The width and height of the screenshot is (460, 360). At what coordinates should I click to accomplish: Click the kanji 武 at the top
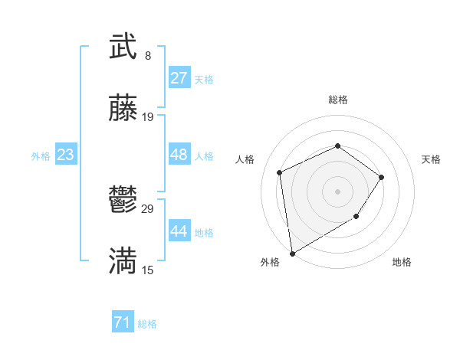(x=123, y=47)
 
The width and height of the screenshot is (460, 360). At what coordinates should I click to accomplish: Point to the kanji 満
(x=123, y=260)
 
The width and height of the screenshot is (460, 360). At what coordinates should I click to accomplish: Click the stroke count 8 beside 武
(x=148, y=56)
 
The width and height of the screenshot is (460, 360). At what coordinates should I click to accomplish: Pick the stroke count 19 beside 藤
(x=148, y=117)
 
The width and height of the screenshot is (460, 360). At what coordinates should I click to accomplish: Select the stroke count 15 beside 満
(x=148, y=270)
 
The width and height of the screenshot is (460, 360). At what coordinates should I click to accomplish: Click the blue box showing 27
(x=179, y=78)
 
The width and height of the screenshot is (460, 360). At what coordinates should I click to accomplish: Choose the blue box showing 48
(x=179, y=155)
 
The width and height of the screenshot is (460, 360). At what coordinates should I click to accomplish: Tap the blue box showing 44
(x=179, y=231)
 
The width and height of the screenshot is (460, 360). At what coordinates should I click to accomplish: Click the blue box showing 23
(x=66, y=155)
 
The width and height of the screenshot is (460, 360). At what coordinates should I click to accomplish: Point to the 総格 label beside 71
(x=147, y=324)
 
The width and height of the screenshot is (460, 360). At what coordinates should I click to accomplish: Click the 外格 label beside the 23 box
(x=41, y=156)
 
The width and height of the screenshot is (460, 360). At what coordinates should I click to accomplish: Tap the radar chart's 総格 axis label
(x=338, y=100)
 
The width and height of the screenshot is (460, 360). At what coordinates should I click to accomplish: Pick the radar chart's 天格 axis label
(x=432, y=159)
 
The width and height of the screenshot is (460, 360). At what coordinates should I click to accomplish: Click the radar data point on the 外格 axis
(x=292, y=253)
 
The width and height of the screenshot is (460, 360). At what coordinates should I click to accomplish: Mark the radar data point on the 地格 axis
(x=356, y=217)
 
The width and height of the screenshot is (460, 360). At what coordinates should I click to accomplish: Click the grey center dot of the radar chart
(x=338, y=191)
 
